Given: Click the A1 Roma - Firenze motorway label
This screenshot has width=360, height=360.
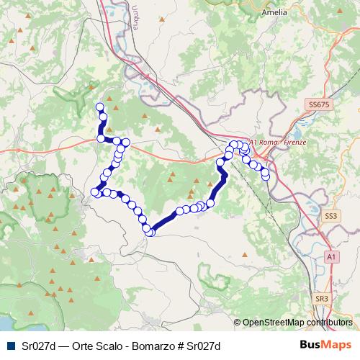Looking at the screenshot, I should click(277, 143).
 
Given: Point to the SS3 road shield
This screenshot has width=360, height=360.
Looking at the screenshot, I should click(330, 215).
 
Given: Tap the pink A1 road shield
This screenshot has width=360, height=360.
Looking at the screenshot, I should click(330, 256).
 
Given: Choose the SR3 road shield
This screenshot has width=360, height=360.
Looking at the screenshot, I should click(322, 297).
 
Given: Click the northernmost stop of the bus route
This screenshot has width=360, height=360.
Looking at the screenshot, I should click(100, 107).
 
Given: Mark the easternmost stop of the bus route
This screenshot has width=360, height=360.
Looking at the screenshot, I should click(266, 174).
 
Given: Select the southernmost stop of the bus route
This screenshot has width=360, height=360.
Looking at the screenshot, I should click(150, 232).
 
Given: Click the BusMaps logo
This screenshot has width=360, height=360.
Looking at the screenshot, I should click(325, 345).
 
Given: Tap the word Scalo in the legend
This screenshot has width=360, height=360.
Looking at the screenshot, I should click(100, 346).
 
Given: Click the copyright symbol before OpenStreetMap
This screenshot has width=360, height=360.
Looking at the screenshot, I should click(238, 323).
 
